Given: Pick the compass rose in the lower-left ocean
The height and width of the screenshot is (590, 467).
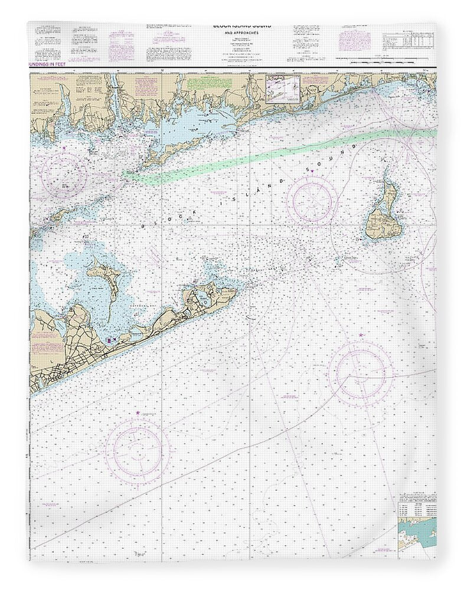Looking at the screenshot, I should (138, 451).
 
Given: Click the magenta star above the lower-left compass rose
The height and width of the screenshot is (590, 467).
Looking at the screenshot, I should (138, 412).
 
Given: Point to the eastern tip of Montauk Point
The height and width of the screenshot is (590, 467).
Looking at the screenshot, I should (236, 290).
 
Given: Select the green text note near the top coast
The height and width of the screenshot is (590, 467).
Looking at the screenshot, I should (197, 83).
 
